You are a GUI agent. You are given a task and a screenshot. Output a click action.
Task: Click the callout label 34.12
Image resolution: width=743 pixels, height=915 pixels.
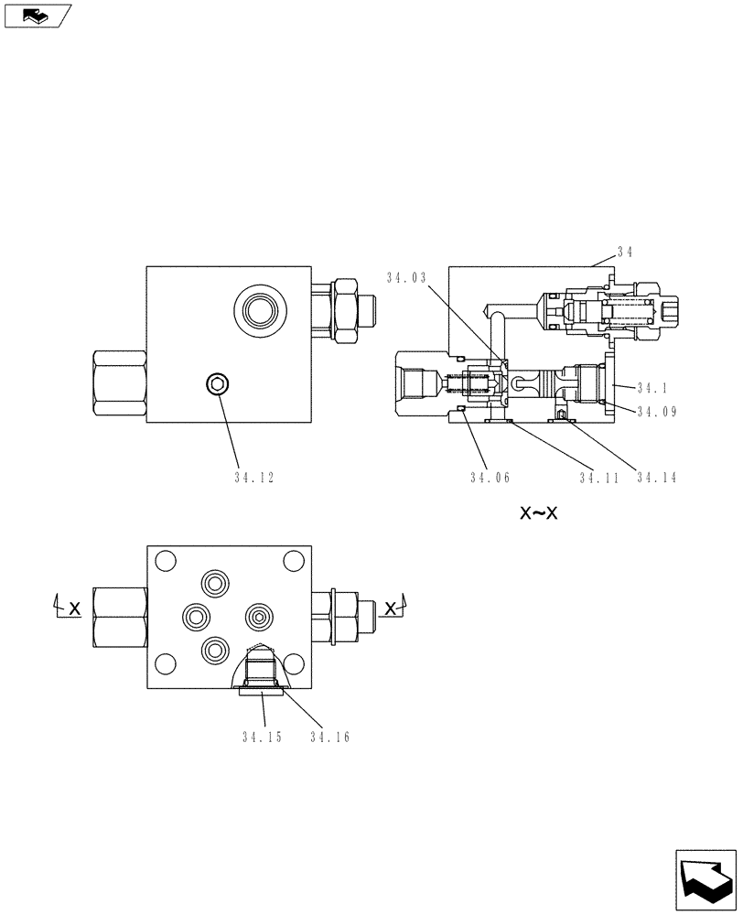click(253, 477)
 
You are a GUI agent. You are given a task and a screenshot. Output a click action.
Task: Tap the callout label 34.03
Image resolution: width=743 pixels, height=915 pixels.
click(405, 277)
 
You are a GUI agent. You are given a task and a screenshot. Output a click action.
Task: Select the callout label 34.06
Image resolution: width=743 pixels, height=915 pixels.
click(490, 477)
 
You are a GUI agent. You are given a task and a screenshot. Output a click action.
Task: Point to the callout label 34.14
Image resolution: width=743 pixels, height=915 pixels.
click(656, 477)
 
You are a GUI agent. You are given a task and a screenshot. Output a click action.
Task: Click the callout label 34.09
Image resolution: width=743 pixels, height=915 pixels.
click(656, 412)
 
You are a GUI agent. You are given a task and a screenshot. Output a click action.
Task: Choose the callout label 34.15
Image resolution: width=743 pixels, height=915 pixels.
click(262, 737)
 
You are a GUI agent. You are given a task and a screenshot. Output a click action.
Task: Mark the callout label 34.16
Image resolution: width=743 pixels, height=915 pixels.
click(329, 737)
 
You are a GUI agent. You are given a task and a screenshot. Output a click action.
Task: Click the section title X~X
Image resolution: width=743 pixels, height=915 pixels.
click(539, 513)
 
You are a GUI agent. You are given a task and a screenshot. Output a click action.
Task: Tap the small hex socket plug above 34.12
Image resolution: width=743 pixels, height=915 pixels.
click(218, 383)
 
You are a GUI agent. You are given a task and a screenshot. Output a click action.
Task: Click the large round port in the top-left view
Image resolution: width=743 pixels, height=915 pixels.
click(256, 311)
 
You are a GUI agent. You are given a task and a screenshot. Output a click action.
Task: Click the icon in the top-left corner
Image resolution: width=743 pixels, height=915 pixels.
click(38, 15)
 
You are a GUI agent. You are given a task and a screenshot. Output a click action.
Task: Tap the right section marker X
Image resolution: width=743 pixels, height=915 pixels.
click(390, 608)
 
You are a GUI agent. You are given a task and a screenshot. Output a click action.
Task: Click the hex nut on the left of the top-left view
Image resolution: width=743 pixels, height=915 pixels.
click(119, 384)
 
